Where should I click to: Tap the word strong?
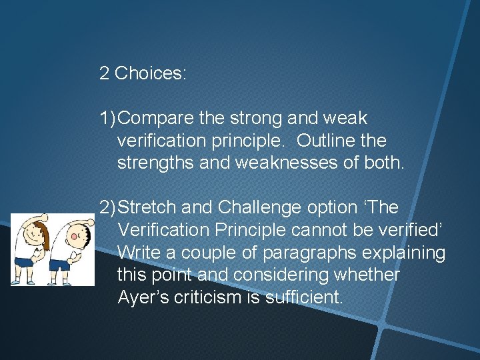pyautogui.click(x=257, y=119)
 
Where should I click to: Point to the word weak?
pyautogui.click(x=345, y=119)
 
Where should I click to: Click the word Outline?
pyautogui.click(x=325, y=141)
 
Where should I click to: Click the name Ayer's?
pyautogui.click(x=141, y=297)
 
